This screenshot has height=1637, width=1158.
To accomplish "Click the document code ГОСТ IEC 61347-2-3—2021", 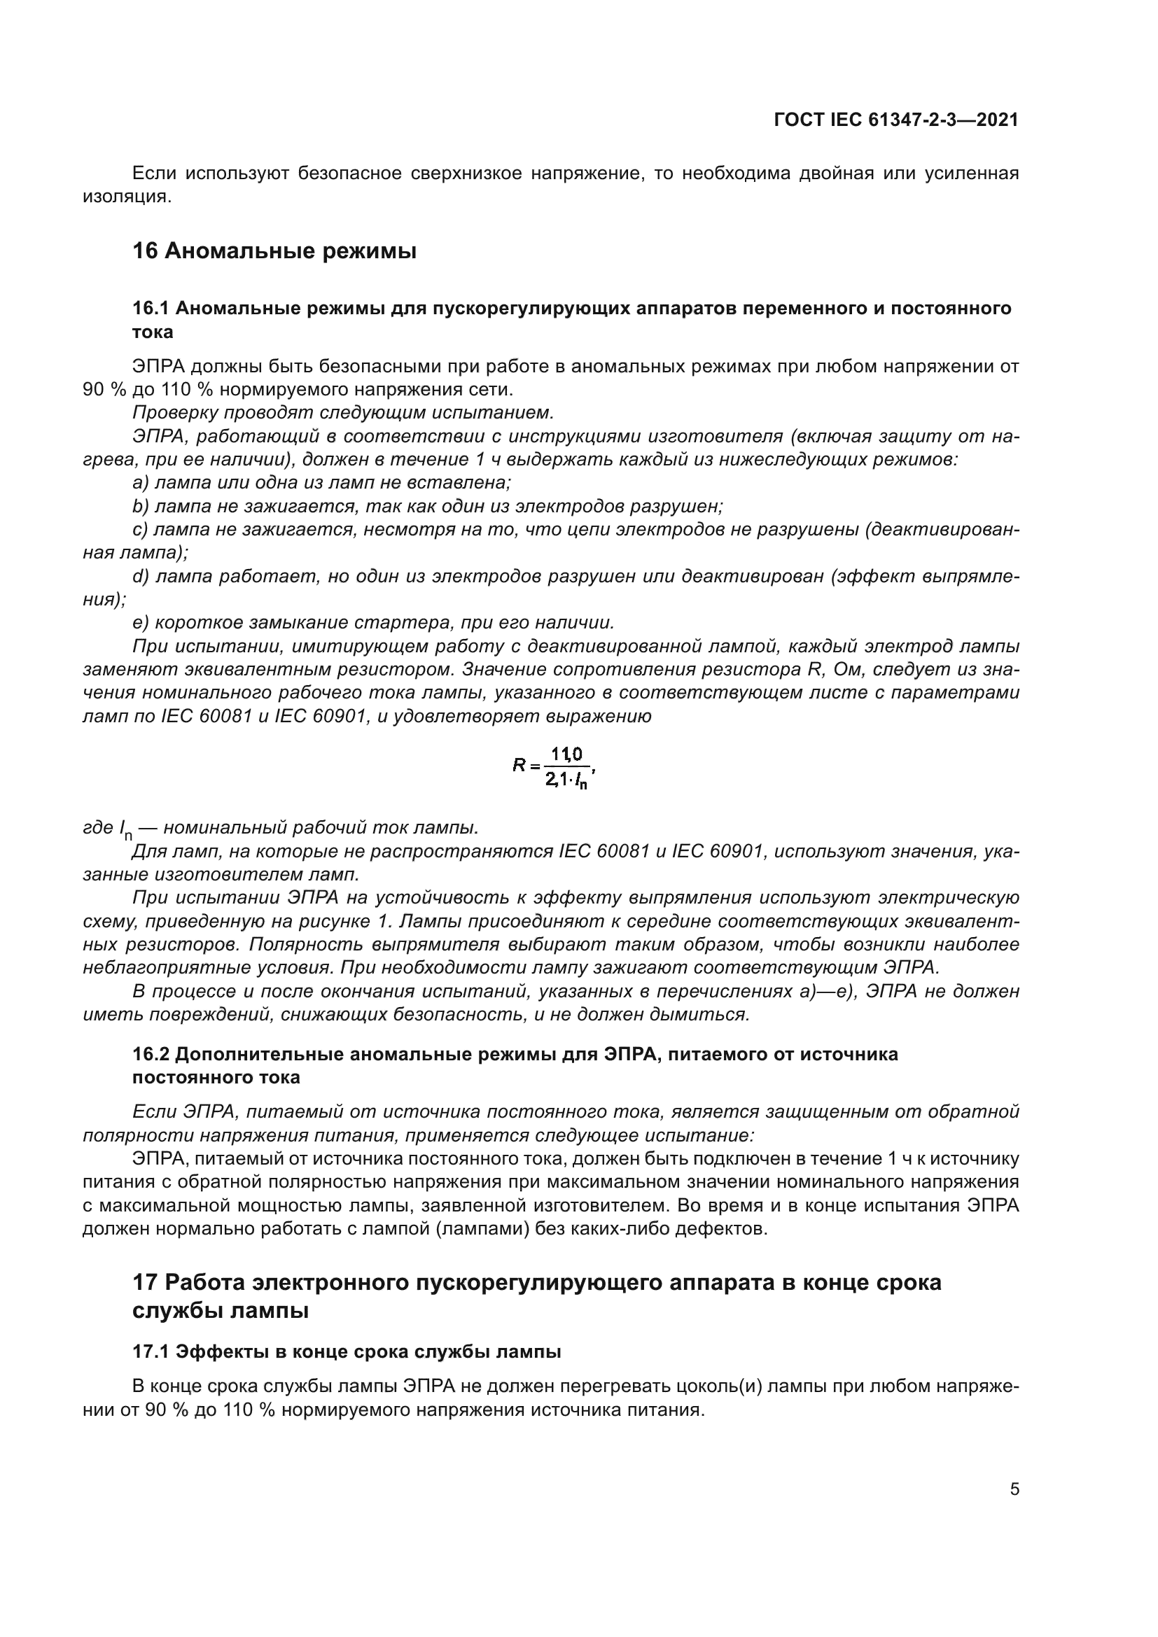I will coord(895,120).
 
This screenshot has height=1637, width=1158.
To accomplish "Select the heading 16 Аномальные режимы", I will coord(274,251).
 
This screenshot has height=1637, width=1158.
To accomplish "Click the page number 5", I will coord(1014,1489).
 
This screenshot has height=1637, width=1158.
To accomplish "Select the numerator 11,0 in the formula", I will coord(567,754).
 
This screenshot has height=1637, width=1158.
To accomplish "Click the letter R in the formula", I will coord(518,765).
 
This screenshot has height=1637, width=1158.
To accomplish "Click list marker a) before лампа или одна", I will coord(141,483).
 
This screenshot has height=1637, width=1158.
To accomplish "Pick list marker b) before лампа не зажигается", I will coord(141,506).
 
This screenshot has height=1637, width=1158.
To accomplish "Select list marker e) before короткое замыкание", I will coord(141,622).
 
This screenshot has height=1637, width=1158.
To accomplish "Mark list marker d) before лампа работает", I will coord(141,576).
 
